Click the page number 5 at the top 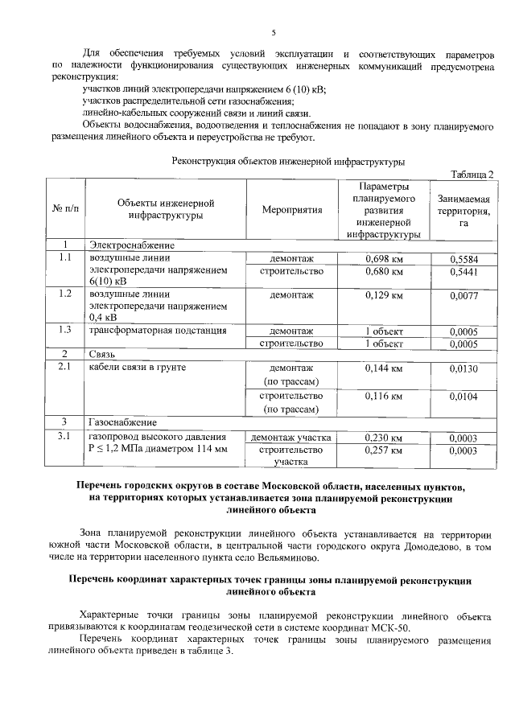click(273, 32)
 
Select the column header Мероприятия click(291, 210)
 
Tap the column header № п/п click(66, 210)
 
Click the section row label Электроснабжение click(131, 245)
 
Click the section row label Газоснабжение click(122, 422)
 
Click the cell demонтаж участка click(291, 438)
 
